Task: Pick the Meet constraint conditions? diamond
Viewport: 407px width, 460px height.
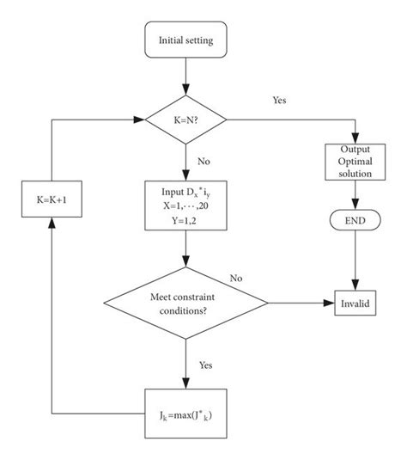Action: tap(186, 304)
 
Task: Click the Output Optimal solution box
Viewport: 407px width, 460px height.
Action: tap(353, 163)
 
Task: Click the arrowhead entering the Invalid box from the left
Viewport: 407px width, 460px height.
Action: tap(330, 304)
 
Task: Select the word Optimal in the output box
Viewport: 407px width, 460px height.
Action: tap(353, 163)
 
